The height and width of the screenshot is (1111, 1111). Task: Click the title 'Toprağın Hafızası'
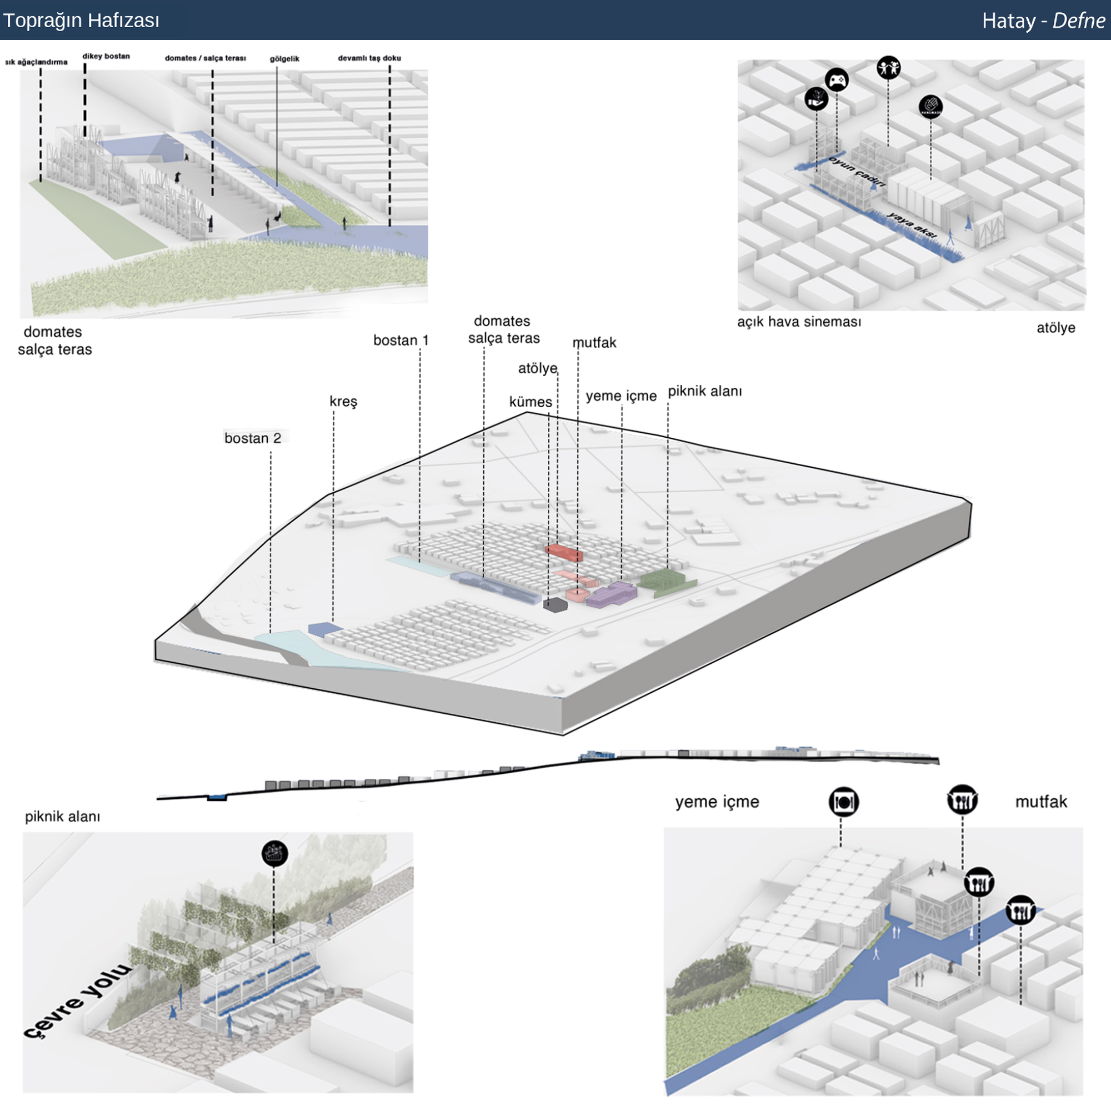[81, 21]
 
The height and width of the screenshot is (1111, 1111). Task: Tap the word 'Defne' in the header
[1078, 21]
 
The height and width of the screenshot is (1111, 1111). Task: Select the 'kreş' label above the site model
[343, 401]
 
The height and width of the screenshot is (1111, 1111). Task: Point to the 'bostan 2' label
[252, 438]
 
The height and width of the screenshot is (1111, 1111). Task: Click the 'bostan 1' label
[401, 341]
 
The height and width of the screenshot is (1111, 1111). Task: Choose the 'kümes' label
[530, 402]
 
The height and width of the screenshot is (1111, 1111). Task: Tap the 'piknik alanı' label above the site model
[704, 392]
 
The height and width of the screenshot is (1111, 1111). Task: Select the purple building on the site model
[611, 594]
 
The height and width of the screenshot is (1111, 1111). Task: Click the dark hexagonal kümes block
[555, 604]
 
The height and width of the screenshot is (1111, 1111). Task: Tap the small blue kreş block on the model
[325, 628]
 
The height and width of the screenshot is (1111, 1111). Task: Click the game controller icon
[836, 80]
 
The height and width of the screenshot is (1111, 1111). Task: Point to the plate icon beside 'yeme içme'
[844, 802]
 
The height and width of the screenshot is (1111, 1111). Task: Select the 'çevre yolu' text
[78, 1001]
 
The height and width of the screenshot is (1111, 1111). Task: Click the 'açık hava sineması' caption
[799, 322]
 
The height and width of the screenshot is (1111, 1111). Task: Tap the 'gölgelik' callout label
[284, 59]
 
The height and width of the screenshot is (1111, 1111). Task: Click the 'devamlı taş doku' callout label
[369, 58]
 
